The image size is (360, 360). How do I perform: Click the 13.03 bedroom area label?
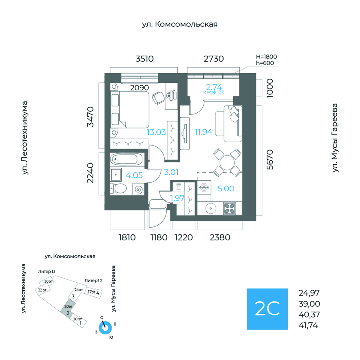coord(156,132)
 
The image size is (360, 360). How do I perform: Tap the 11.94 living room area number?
coord(203,132)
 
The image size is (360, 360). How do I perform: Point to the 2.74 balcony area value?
coord(214,87)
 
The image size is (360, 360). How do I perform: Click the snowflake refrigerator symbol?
coord(204,187)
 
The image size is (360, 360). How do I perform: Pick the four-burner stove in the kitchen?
coord(230,208)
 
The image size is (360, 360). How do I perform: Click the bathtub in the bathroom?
coord(126,159)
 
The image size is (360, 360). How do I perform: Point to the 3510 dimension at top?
coord(144,59)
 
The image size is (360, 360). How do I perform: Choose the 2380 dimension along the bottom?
coord(220,238)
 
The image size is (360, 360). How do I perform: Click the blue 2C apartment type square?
coord(267,308)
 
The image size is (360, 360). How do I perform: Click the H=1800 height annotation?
coord(266,57)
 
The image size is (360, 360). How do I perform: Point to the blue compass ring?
coord(106,328)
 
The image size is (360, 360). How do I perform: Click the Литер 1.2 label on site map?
coord(94,280)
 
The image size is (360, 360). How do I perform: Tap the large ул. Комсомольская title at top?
coord(180,24)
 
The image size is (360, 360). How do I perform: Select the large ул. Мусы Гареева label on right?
coord(335,138)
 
